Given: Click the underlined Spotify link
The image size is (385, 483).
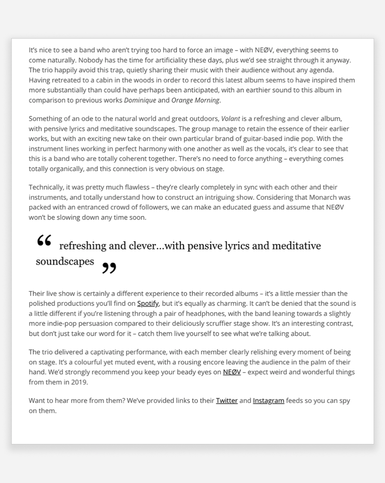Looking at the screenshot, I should [x=148, y=304].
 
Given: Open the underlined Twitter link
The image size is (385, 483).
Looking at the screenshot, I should [x=226, y=401].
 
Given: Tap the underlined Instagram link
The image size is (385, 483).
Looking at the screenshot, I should [x=268, y=401].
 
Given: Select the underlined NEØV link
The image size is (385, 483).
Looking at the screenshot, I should [x=232, y=372].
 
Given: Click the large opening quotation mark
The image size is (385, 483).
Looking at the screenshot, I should [x=44, y=241].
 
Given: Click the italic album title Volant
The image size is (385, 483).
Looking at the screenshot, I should [x=230, y=119].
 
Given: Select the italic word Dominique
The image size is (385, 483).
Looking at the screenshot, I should [x=140, y=100].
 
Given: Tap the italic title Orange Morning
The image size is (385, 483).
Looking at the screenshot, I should [x=195, y=100].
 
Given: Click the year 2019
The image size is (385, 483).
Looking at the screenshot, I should [x=80, y=382].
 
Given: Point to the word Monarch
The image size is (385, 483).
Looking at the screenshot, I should [x=335, y=197].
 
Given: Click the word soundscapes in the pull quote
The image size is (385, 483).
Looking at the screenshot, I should [x=65, y=262].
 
